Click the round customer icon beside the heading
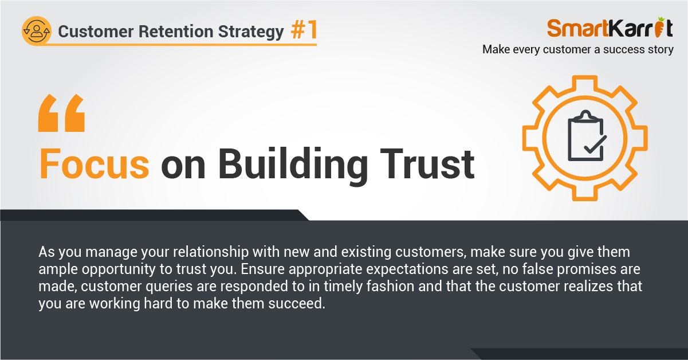point(37,31)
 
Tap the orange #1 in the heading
point(304,30)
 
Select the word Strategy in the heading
point(251,32)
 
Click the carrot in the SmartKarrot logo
point(659,28)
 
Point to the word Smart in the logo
point(577,28)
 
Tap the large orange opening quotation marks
point(61,113)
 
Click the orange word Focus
point(95,163)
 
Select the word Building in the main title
point(293,166)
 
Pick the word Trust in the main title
point(427,164)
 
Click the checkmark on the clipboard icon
point(595,144)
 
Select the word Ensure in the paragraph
point(262,269)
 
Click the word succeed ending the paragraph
point(297,303)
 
